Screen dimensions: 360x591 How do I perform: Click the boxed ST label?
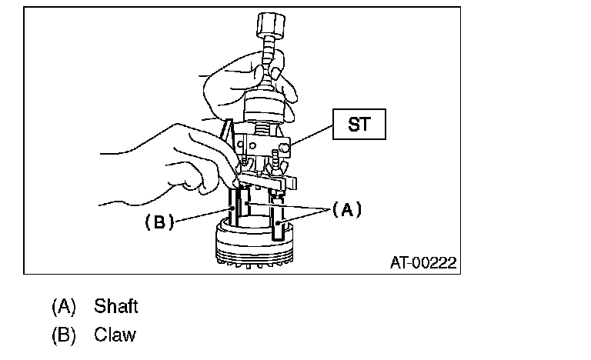358,123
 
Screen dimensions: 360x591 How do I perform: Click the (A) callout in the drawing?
346,208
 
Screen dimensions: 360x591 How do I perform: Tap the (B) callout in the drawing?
158,222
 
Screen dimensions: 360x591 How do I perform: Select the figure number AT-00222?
422,263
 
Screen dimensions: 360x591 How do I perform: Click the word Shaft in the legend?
115,306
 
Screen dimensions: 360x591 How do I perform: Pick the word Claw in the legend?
115,335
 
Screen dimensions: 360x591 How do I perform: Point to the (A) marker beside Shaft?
64,306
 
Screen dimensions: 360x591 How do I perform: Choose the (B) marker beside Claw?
64,335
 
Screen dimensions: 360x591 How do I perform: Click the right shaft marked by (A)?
279,219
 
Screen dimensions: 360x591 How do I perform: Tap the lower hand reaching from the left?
165,158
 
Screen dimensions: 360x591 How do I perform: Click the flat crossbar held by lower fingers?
269,182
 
